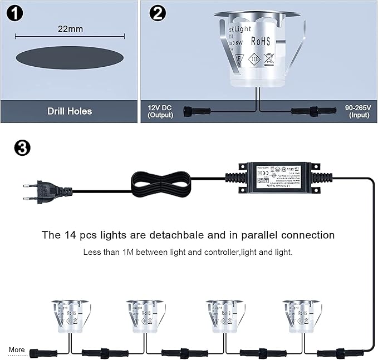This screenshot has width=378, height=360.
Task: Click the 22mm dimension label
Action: click(68, 27)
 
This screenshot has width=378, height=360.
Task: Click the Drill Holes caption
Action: click(70, 111)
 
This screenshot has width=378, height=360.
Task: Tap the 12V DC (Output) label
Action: click(160, 111)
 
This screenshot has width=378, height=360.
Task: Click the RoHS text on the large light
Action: click(261, 41)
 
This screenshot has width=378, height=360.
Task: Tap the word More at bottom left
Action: click(17, 349)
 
